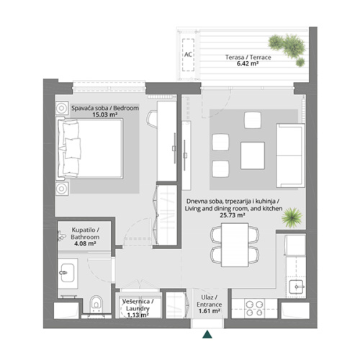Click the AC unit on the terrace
tap(187, 54)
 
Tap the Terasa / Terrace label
tap(237, 55)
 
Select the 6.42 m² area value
tap(237, 63)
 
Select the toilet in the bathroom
tap(98, 305)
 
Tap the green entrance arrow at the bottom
tap(207, 333)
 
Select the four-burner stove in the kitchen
tap(255, 307)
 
